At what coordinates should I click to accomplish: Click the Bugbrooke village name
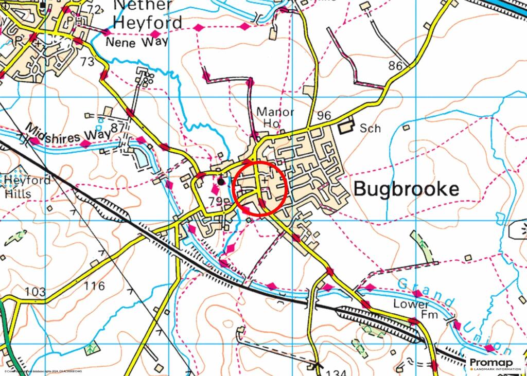tap(406, 189)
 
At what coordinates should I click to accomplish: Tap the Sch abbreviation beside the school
tap(370, 128)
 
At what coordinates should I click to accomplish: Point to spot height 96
tap(324, 116)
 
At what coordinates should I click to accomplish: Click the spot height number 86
tap(395, 65)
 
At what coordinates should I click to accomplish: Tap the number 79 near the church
tap(216, 201)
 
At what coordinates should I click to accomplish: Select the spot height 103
tap(36, 292)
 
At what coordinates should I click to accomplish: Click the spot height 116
tap(94, 285)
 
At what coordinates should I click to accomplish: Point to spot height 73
tap(87, 62)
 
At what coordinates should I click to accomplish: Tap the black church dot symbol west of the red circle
tap(221, 181)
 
